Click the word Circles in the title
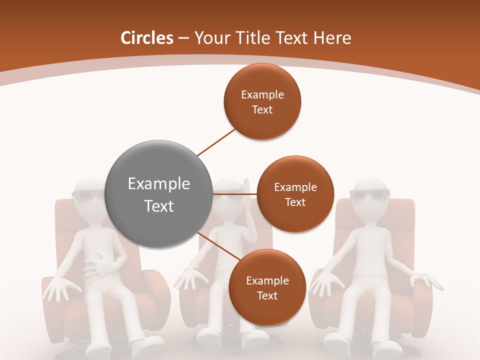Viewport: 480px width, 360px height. pyautogui.click(x=146, y=38)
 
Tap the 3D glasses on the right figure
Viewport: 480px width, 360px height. pyautogui.click(x=369, y=194)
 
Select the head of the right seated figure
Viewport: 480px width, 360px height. pyautogui.click(x=370, y=195)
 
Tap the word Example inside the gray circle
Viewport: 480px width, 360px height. pyautogui.click(x=159, y=184)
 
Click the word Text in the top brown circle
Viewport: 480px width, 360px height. pyautogui.click(x=262, y=110)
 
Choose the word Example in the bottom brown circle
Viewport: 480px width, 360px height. pyautogui.click(x=267, y=281)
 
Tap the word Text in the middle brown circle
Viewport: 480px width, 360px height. pyautogui.click(x=295, y=202)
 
